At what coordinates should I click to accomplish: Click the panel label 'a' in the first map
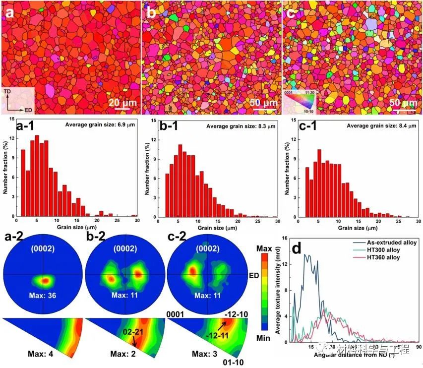click(x=9, y=14)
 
